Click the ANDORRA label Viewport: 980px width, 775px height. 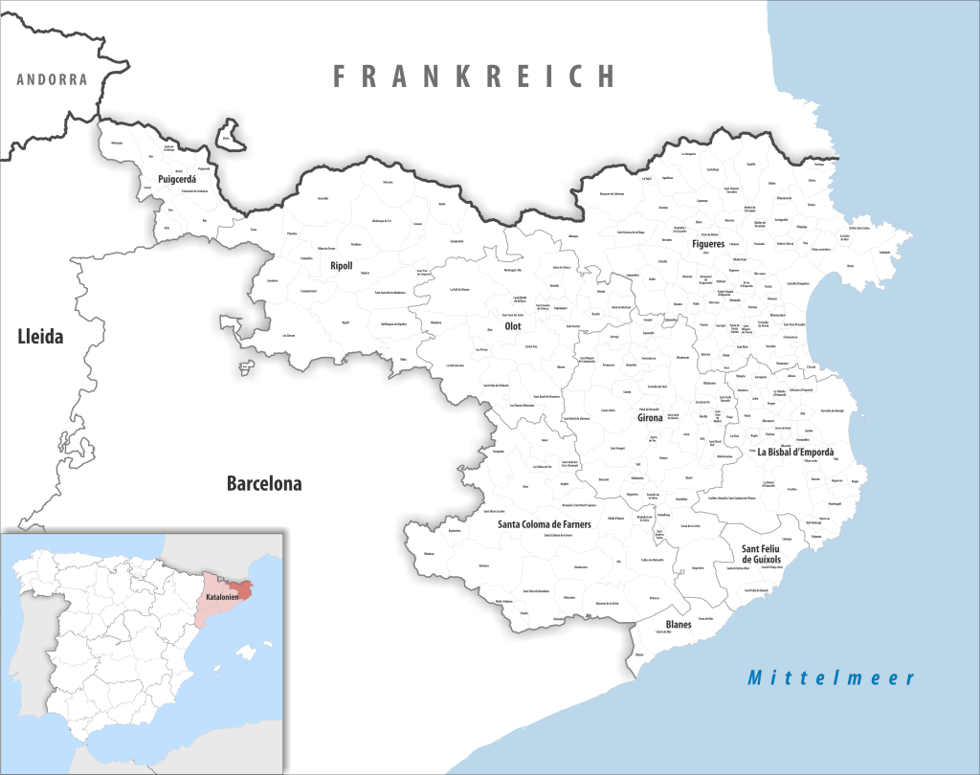pyautogui.click(x=52, y=79)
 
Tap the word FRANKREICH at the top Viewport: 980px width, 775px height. pyautogui.click(x=475, y=77)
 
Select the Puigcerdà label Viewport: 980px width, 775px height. pyautogui.click(x=176, y=179)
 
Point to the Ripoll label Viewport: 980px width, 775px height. pyautogui.click(x=342, y=267)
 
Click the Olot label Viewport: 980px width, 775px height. pyautogui.click(x=513, y=326)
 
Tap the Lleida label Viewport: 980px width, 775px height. pyautogui.click(x=40, y=336)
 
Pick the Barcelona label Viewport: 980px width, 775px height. pyautogui.click(x=264, y=484)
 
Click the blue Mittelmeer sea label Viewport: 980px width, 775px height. pyautogui.click(x=832, y=678)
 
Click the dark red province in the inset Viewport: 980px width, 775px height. pyautogui.click(x=243, y=590)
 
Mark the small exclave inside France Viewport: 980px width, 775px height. pyautogui.click(x=230, y=136)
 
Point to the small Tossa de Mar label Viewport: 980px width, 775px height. pyautogui.click(x=705, y=619)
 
